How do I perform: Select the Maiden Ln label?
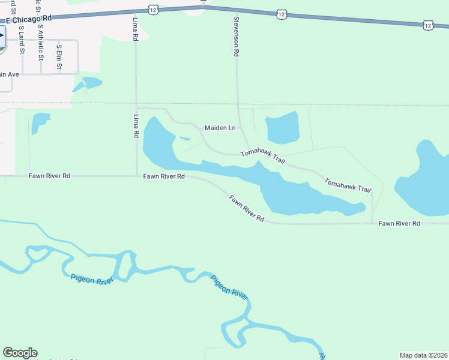tap(220, 128)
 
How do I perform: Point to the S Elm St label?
tap(59, 57)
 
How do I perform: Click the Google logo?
tap(20, 353)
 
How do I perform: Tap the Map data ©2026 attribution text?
tap(424, 355)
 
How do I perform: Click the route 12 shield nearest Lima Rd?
tap(154, 10)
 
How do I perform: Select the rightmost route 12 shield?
tap(427, 25)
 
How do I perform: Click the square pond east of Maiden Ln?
tap(282, 127)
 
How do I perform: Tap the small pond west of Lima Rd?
tap(40, 122)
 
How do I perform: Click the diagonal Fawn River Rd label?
tap(247, 208)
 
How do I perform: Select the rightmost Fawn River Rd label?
tap(399, 223)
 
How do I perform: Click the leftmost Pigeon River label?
tap(91, 279)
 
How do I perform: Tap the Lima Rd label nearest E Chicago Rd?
tap(135, 29)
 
